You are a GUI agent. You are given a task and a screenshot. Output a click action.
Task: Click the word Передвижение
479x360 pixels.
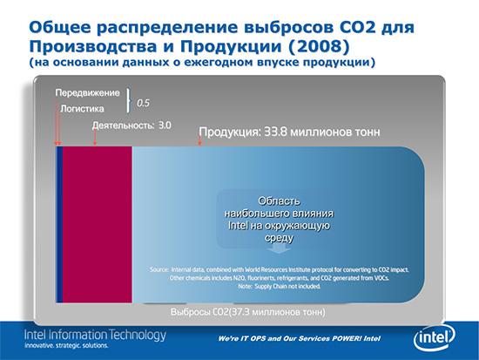[x=86, y=92]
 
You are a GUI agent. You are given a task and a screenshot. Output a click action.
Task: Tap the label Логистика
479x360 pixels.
[x=82, y=110]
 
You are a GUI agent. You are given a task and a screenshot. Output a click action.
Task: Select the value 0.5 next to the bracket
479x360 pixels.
[x=144, y=103]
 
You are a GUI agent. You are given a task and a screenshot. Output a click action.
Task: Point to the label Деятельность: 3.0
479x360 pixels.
[x=132, y=126]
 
